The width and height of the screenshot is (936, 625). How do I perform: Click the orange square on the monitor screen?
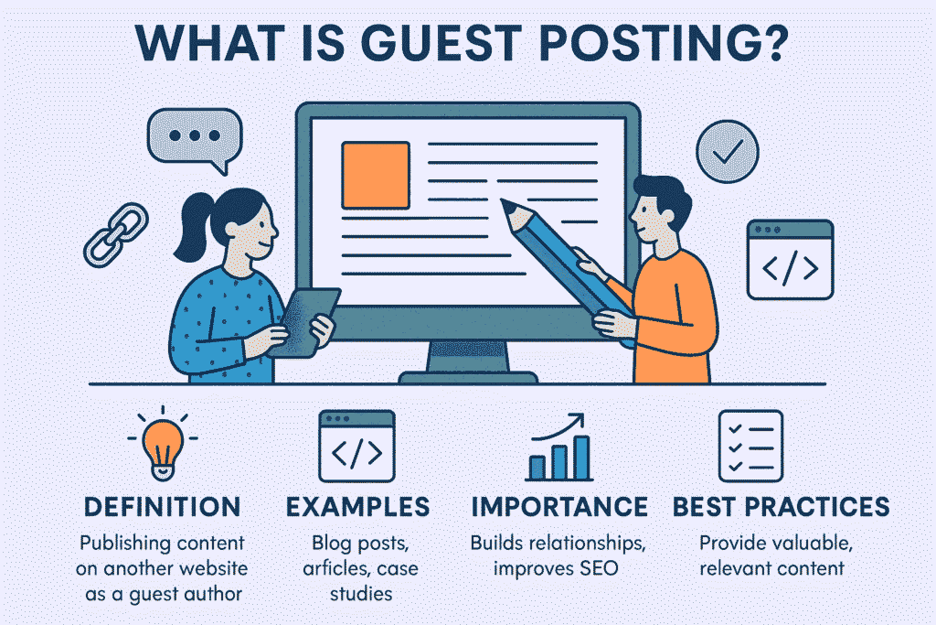tap(375, 173)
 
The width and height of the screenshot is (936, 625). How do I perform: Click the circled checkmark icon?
tap(728, 153)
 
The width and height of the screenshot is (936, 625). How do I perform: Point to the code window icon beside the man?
tap(790, 260)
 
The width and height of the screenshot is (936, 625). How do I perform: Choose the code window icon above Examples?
tap(356, 446)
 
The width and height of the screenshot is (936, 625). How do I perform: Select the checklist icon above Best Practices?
tap(750, 446)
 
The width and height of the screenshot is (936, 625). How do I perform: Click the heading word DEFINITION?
tap(162, 507)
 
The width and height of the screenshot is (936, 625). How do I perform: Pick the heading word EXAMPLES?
tap(357, 507)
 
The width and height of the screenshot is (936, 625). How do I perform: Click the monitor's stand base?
tap(468, 376)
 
